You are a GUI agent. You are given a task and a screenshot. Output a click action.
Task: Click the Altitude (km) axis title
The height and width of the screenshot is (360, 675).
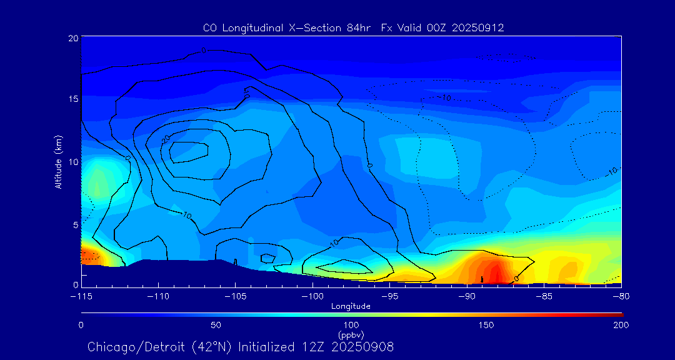coord(58,162)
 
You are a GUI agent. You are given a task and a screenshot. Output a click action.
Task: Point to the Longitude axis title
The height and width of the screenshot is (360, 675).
coord(351,306)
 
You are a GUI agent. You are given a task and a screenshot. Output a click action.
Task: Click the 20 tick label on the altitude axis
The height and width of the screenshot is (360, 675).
coord(73,38)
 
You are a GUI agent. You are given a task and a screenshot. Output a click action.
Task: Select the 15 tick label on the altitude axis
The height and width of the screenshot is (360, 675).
coord(73,99)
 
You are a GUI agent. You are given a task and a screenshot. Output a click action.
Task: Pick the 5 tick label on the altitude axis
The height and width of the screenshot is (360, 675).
coord(75,224)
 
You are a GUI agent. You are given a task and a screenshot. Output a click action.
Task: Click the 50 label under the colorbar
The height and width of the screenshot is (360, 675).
coord(216,325)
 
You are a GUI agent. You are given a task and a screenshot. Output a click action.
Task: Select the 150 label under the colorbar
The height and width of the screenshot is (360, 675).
coord(486,325)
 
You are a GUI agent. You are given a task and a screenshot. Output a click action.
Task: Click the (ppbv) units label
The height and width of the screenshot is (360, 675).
coord(351,335)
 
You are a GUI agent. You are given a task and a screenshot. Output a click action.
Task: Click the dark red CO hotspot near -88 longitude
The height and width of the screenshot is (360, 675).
coord(493,274)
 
